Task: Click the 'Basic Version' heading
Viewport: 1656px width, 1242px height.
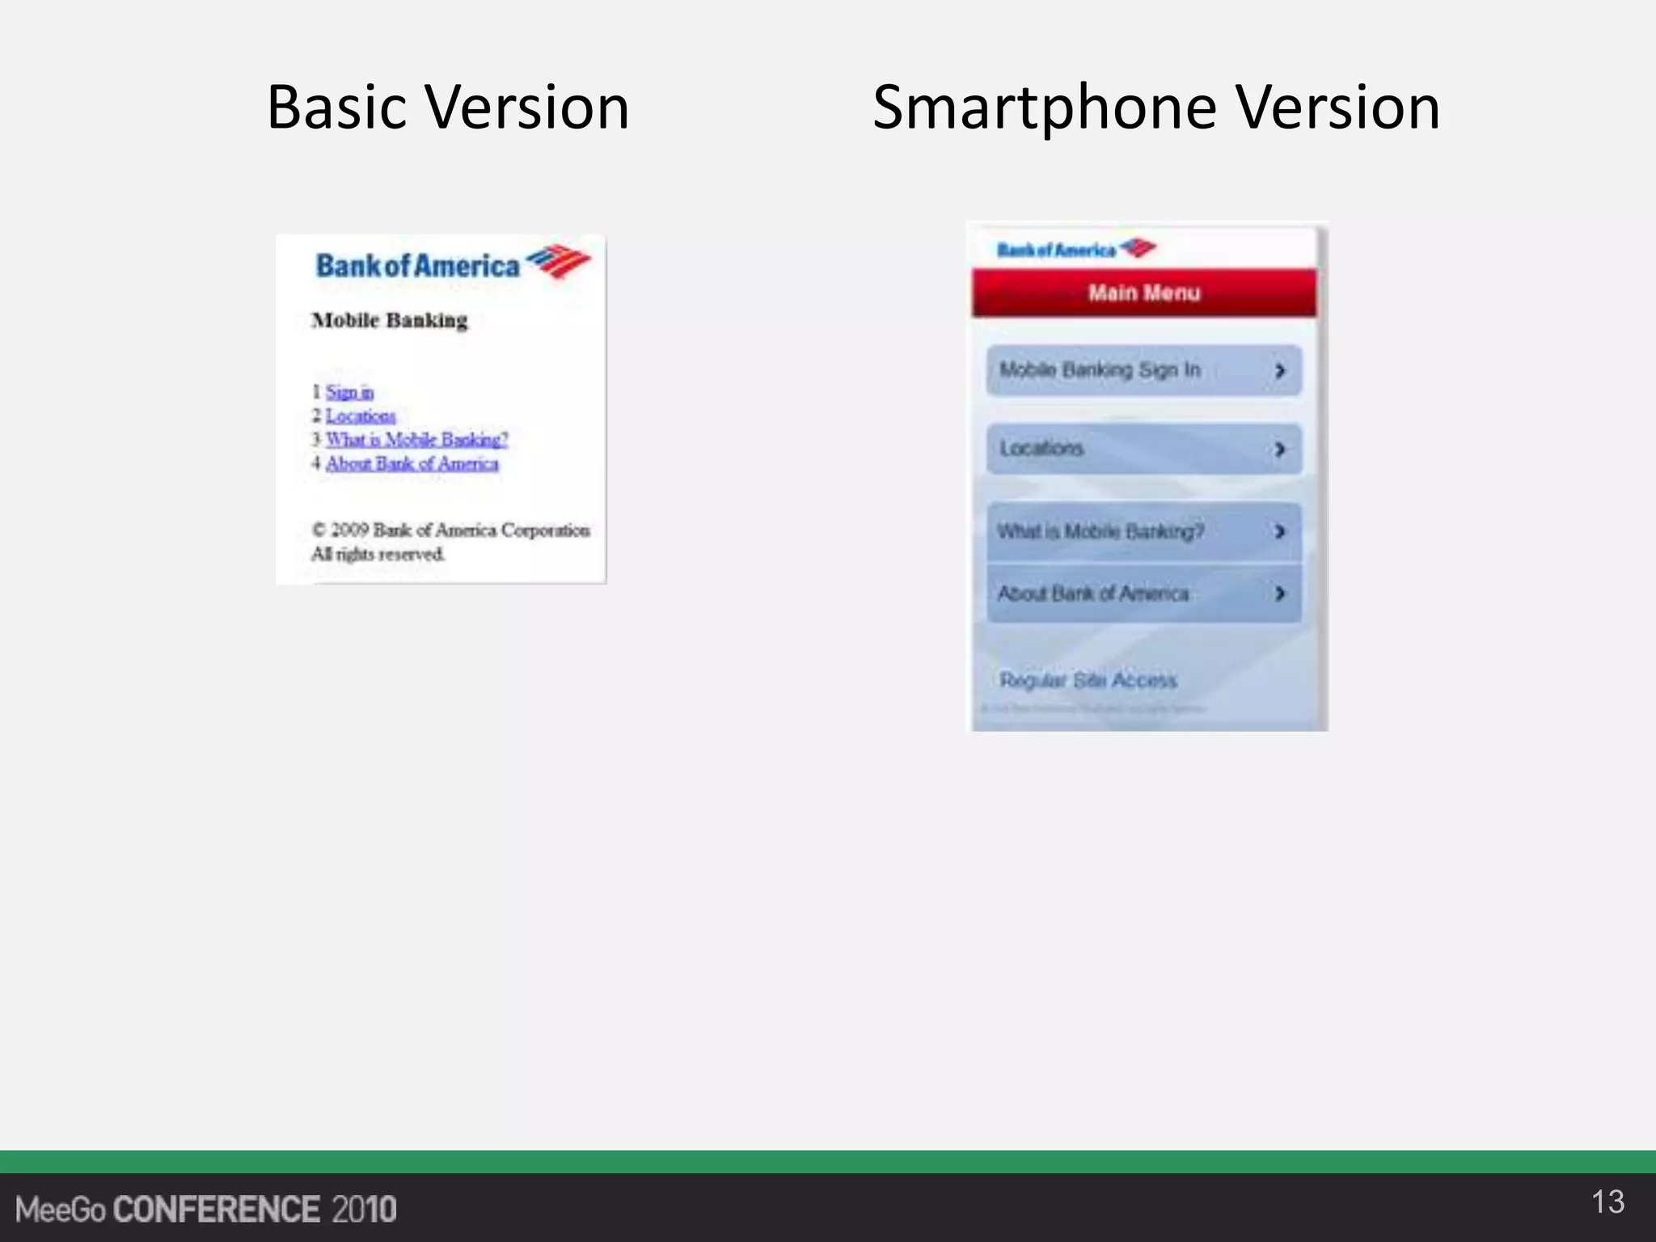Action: (x=448, y=108)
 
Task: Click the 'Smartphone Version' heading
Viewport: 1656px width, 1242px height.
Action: (x=1155, y=108)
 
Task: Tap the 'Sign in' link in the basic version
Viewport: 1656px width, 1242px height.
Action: (x=349, y=392)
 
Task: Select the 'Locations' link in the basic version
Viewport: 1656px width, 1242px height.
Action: (x=361, y=416)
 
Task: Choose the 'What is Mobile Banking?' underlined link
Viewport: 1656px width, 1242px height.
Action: (x=416, y=439)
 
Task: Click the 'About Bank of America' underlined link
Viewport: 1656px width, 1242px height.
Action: (x=412, y=463)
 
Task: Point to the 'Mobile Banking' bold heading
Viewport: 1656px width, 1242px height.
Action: (x=390, y=320)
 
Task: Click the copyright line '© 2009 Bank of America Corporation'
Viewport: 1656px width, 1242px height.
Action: (x=450, y=530)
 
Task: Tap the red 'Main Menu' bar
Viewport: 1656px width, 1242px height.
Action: (x=1143, y=293)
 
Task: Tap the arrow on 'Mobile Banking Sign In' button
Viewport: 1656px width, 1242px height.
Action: (x=1279, y=370)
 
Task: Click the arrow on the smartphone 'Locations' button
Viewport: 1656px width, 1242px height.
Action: (x=1279, y=449)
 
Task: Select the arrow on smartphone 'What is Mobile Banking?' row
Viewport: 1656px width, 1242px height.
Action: (x=1279, y=531)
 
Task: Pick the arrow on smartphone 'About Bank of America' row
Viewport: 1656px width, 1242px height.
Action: (x=1279, y=594)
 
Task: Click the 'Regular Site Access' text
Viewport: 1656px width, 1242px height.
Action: (x=1088, y=680)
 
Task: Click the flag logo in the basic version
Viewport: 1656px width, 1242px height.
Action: (x=559, y=260)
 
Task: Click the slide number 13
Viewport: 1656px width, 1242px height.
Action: (x=1607, y=1202)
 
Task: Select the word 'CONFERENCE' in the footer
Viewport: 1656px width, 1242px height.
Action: (x=217, y=1210)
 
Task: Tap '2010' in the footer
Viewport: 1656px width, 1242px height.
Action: (x=364, y=1210)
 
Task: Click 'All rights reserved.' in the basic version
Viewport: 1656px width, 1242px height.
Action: (x=378, y=554)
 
